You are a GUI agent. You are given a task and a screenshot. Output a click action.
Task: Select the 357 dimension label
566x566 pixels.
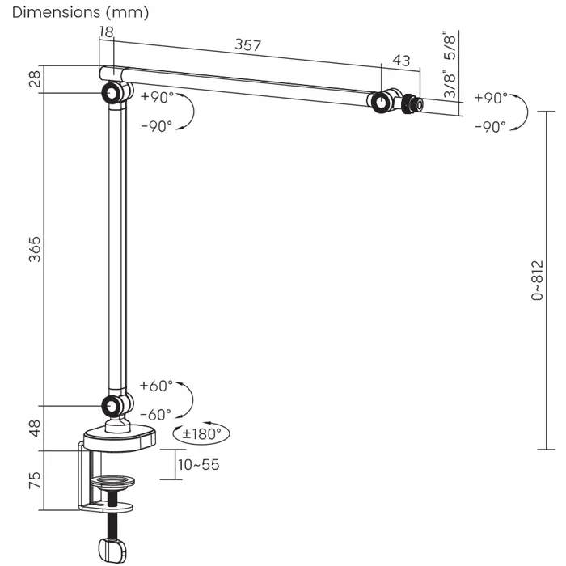point(247,44)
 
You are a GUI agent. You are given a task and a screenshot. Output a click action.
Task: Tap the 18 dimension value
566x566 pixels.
point(106,32)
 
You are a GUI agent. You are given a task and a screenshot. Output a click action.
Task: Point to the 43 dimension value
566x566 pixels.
point(400,61)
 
